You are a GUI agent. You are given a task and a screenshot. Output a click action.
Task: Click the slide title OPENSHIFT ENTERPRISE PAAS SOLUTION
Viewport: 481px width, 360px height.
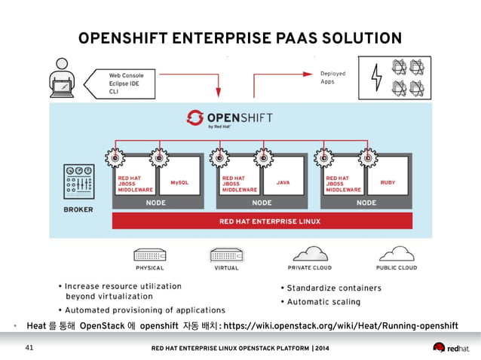coord(240,38)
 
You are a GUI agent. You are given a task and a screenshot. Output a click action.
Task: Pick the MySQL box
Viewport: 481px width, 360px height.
coord(179,182)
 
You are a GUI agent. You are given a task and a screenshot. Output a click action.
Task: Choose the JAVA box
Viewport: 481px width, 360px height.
coord(283,182)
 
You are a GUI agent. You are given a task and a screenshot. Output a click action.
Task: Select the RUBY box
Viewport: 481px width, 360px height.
coord(388,182)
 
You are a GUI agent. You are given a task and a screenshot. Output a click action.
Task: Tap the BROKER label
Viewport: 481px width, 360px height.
coord(78,209)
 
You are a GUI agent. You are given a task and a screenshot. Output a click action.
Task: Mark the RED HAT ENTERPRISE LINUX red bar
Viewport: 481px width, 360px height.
coord(262,221)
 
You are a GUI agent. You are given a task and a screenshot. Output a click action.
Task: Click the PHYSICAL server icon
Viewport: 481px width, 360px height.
coord(150,254)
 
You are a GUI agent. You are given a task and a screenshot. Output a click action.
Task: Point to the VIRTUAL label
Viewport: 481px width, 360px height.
coord(226,267)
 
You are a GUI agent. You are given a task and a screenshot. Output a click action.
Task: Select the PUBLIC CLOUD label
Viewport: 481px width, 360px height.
coord(396,267)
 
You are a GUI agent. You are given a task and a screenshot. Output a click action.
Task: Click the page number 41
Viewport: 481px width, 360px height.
coord(30,348)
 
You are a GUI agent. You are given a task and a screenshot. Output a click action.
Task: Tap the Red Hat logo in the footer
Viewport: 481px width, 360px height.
coord(450,347)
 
